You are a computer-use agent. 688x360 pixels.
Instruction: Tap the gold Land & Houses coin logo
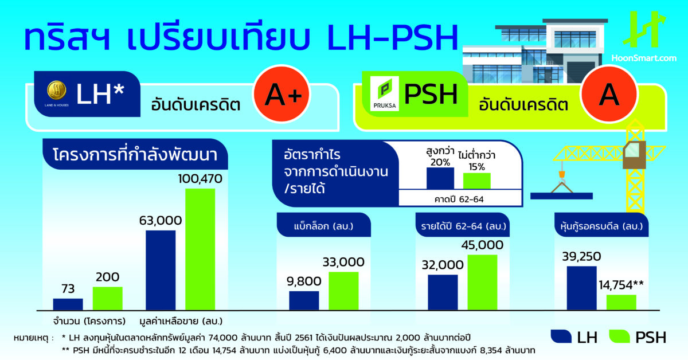[57, 91]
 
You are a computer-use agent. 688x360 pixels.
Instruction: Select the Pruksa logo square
[384, 93]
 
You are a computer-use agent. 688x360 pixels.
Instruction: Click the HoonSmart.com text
[644, 58]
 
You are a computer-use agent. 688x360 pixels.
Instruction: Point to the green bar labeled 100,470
[200, 249]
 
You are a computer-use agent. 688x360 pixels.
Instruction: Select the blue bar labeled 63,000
[161, 271]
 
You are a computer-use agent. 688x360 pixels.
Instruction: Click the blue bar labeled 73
[68, 304]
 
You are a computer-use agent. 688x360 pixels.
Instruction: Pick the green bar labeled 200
[108, 298]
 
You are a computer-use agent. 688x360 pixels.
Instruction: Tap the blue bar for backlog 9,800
[304, 300]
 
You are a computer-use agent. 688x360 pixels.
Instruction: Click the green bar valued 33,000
[343, 291]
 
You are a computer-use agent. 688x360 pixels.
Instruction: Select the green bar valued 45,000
[482, 282]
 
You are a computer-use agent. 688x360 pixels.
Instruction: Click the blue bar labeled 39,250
[582, 288]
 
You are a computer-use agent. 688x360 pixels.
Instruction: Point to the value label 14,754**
[621, 285]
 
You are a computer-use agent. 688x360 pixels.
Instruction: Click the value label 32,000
[443, 265]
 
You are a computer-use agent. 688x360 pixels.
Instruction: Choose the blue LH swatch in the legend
[561, 336]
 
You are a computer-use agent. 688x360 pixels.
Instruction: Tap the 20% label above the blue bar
[440, 162]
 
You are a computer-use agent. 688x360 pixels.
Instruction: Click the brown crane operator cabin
[634, 155]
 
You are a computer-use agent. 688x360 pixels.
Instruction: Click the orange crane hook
[562, 174]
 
